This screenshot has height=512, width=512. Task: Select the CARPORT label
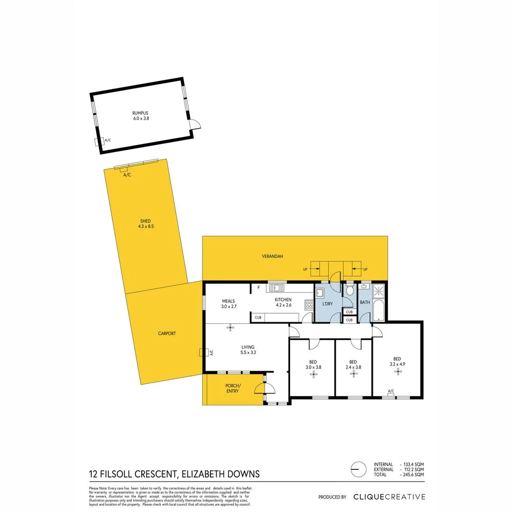(167, 334)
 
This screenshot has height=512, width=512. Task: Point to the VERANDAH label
(273, 256)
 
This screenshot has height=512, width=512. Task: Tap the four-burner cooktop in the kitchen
(309, 305)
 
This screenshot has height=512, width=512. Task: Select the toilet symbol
(350, 290)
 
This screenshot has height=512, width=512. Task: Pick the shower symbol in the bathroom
(380, 290)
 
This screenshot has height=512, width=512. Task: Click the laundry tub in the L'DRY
(320, 293)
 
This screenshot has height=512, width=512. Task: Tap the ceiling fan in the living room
(230, 327)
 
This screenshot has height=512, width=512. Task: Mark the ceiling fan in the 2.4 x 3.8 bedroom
(353, 374)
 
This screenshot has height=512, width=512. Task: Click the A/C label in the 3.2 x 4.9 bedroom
(391, 391)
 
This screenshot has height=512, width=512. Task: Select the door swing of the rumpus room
(195, 124)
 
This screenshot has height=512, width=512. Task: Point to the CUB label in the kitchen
(258, 318)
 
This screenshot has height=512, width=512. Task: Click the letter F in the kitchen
(258, 287)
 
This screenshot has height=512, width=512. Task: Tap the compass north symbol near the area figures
(358, 469)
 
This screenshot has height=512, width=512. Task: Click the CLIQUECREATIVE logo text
(389, 497)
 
